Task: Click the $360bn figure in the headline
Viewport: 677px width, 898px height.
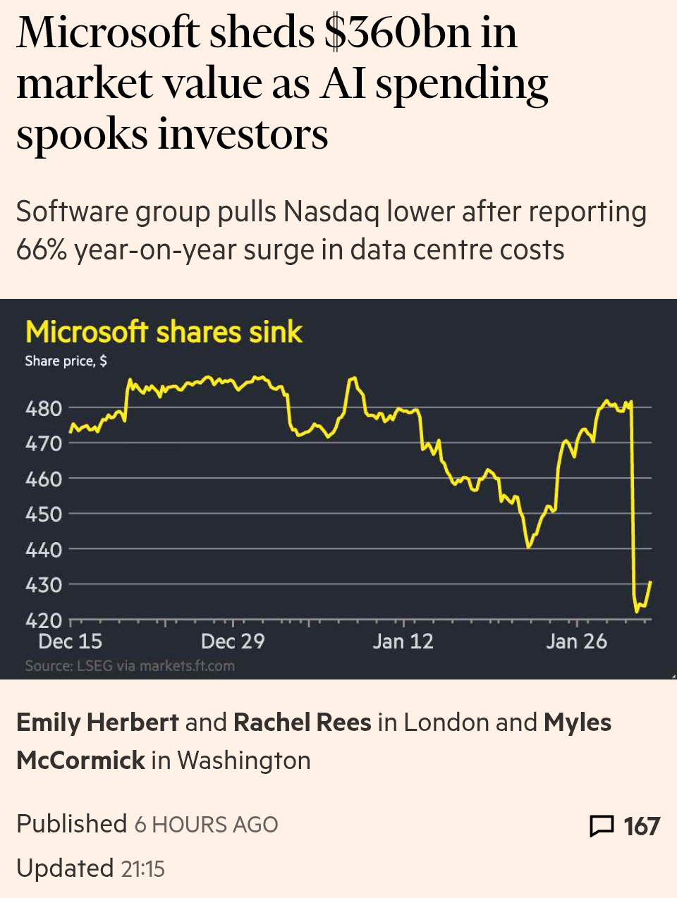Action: [x=396, y=33]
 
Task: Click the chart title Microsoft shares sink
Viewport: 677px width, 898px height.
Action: [x=164, y=332]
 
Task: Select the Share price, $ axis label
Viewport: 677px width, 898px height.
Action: [x=66, y=361]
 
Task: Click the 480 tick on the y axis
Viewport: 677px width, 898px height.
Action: [x=44, y=408]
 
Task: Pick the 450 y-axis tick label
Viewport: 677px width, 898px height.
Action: [x=44, y=514]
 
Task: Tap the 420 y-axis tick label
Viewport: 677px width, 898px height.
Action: [x=44, y=620]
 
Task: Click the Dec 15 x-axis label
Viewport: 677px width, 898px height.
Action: [x=70, y=641]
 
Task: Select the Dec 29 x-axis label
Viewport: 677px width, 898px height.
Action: [x=232, y=641]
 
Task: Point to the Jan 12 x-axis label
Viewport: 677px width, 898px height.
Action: [x=403, y=641]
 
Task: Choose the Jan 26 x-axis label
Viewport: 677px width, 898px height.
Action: [x=576, y=641]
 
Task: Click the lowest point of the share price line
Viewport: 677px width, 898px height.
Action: [x=637, y=611]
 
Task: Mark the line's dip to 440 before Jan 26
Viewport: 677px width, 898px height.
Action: [x=528, y=546]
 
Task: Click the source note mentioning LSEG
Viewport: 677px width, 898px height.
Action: [x=130, y=666]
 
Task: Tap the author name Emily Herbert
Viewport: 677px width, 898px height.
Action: [x=97, y=722]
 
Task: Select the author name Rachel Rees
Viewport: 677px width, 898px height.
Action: [x=302, y=722]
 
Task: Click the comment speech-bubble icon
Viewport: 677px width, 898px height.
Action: [x=601, y=825]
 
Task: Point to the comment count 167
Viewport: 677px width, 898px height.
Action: [x=641, y=826]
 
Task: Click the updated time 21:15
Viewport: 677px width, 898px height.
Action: [x=142, y=869]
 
